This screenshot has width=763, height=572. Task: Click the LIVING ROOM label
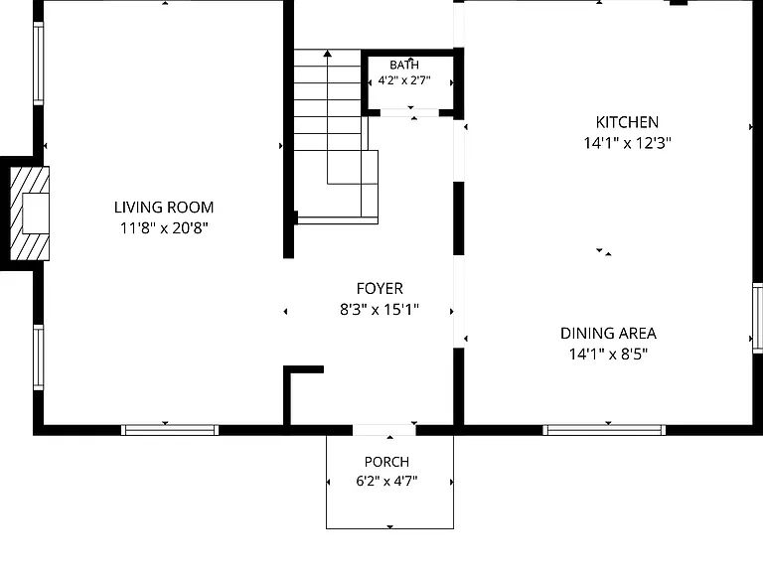164,208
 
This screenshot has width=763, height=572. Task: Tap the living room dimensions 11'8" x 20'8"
164,227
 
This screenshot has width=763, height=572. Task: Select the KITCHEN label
627,122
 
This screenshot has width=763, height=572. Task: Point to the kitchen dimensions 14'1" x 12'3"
627,143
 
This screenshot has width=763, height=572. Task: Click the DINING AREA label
608,334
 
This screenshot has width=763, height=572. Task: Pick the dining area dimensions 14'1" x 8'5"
608,355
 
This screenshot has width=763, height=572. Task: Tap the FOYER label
380,288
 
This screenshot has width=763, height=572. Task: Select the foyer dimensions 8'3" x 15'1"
380,310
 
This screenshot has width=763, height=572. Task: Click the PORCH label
386,462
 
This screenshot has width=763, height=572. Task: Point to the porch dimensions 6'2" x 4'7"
386,481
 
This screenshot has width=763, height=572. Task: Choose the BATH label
404,65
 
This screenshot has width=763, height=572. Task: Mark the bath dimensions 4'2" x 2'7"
404,80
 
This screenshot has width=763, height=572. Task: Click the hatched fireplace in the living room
30,214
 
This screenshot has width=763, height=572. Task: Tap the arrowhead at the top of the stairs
328,53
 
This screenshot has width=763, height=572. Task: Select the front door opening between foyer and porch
383,430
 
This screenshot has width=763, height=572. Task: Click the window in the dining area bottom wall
604,430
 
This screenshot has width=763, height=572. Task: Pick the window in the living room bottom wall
170,430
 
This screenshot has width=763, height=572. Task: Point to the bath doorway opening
409,113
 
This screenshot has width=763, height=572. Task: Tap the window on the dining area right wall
758,318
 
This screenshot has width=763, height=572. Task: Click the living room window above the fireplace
39,64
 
